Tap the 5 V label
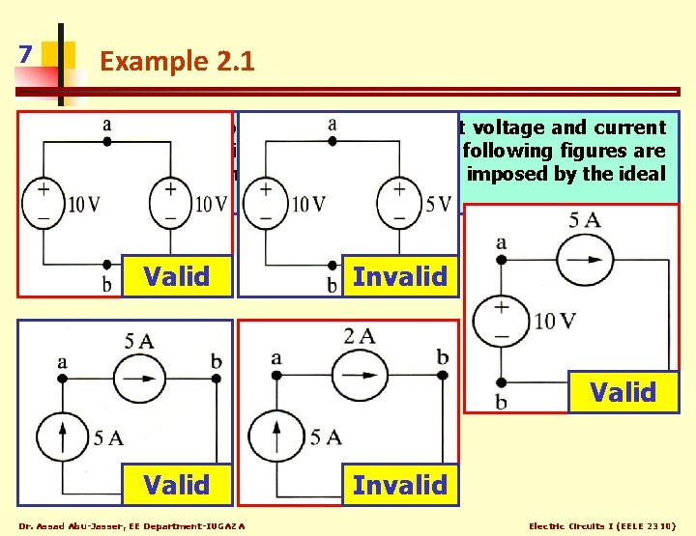(437, 204)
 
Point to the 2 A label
(359, 336)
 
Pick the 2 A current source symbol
(359, 371)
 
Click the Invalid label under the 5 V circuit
(399, 277)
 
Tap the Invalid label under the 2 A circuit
(399, 484)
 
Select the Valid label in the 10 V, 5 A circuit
(623, 392)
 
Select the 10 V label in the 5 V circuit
(307, 204)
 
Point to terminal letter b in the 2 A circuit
(442, 357)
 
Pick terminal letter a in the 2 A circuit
(276, 358)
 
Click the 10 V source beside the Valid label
(502, 320)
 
